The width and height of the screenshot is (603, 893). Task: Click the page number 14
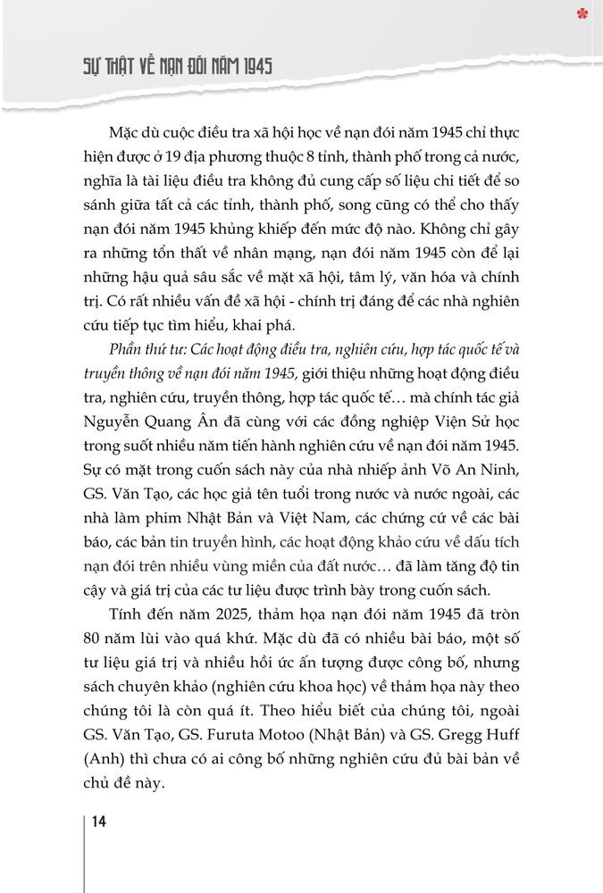(x=98, y=822)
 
